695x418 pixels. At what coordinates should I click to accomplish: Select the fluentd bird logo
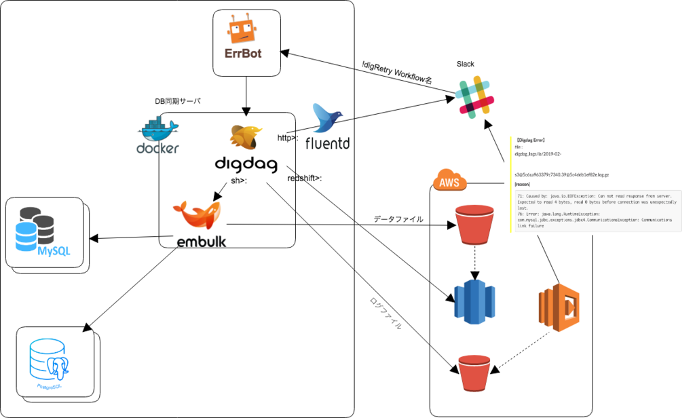pos(328,119)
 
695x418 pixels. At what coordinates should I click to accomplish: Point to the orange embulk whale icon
pos(198,216)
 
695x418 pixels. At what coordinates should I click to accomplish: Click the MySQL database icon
pos(45,233)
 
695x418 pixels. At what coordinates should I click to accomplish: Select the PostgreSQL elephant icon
pos(56,363)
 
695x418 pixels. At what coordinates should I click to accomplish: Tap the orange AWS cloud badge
pos(449,180)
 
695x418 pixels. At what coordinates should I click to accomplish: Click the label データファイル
pos(398,219)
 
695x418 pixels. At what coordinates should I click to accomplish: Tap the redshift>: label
pos(305,178)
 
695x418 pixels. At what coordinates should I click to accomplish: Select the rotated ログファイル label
pos(385,313)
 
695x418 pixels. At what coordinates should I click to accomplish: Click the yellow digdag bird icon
pos(246,138)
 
